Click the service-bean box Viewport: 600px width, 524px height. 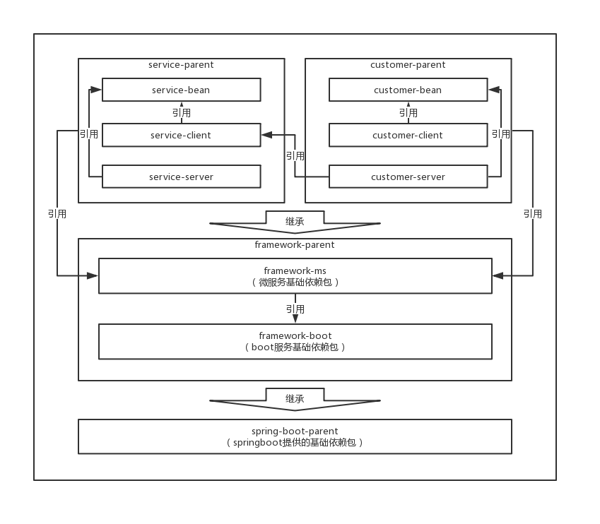181,90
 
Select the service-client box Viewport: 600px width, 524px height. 181,135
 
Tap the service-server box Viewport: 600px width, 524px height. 181,177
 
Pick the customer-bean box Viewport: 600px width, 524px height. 408,90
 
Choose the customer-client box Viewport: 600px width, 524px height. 408,135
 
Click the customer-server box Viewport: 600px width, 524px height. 408,177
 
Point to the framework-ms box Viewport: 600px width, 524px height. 295,275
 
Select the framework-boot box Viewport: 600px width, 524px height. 295,341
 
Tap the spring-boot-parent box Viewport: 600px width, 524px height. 295,436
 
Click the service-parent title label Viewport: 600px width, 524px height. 181,65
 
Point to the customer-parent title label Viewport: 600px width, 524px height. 408,65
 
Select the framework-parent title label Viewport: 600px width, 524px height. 295,245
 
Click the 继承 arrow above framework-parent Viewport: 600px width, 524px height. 295,222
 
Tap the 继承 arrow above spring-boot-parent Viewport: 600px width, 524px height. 295,399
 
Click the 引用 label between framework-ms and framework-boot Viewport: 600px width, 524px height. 295,309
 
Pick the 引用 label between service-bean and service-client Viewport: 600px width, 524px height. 181,113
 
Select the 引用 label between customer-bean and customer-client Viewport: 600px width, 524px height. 408,113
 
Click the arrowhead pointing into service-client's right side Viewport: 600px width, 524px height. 266,135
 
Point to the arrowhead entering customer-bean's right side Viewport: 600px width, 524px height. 494,90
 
